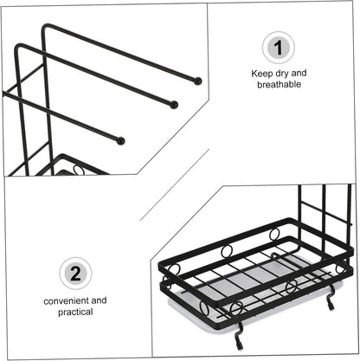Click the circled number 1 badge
point(279,48)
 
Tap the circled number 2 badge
point(75,274)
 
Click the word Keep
point(261,74)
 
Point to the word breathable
point(279,85)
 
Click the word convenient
point(67,301)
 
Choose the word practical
point(75,313)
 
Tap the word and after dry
point(299,74)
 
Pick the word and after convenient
point(99,300)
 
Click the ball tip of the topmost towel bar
point(197,81)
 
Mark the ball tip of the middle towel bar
point(174,105)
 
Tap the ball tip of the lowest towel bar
point(121,141)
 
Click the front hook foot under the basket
point(240,335)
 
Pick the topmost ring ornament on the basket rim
point(274,234)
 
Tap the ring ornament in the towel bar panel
point(79,170)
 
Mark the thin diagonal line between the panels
point(175,185)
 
